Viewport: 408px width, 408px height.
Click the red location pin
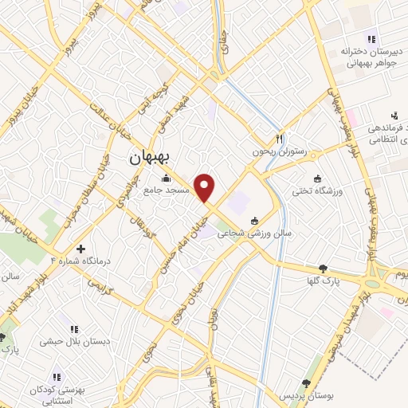(206, 188)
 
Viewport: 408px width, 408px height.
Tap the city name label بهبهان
(151, 159)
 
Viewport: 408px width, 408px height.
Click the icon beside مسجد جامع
(166, 178)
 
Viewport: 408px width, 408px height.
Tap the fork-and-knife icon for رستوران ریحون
(280, 137)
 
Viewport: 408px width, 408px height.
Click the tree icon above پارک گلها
(322, 269)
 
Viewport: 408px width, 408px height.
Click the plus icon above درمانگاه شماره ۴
(80, 248)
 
